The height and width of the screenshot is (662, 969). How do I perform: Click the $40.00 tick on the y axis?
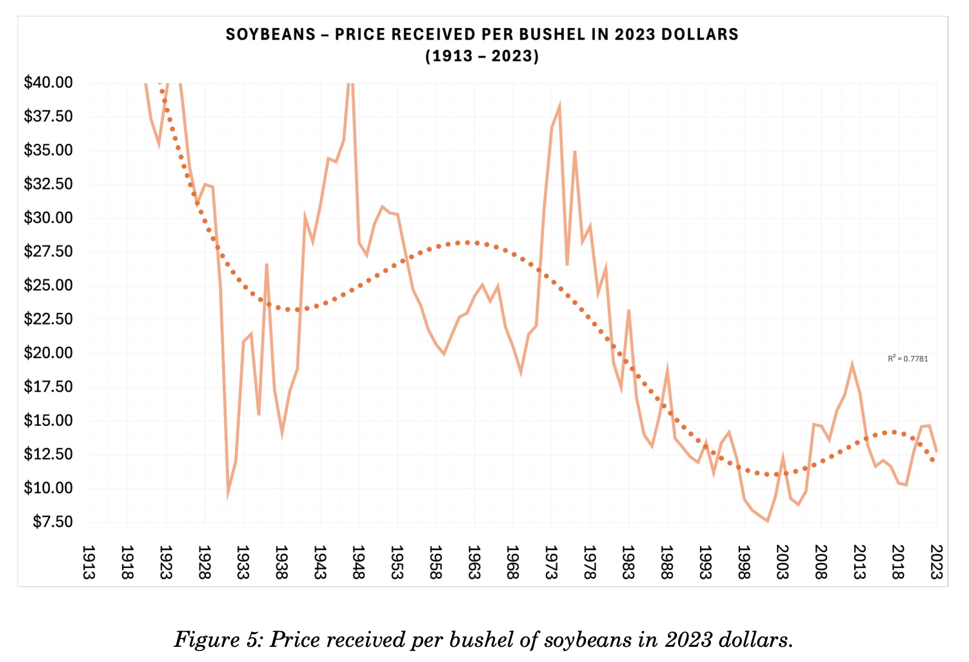(x=48, y=83)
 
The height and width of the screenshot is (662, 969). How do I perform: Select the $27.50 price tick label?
(x=48, y=251)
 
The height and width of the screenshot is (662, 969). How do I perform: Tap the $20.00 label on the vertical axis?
(x=48, y=353)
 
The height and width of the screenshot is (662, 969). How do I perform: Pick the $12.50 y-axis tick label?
(x=48, y=454)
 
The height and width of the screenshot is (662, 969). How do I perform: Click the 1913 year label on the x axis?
(x=89, y=562)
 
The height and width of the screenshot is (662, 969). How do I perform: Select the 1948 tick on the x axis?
(x=358, y=562)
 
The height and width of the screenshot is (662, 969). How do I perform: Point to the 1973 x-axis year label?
(x=551, y=562)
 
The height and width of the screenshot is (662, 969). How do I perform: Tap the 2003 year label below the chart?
(x=783, y=562)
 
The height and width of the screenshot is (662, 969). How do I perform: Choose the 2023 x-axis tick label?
(x=937, y=562)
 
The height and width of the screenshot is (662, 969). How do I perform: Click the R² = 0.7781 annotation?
(x=908, y=359)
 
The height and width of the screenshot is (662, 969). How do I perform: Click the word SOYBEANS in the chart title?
(x=271, y=35)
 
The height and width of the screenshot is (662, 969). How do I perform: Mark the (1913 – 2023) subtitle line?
(x=482, y=56)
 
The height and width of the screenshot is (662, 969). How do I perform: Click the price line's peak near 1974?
(x=559, y=106)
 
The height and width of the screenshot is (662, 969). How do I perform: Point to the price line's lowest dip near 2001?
(x=767, y=521)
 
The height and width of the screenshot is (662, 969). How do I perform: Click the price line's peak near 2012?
(x=852, y=365)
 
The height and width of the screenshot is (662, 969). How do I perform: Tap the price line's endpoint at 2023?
(x=937, y=451)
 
